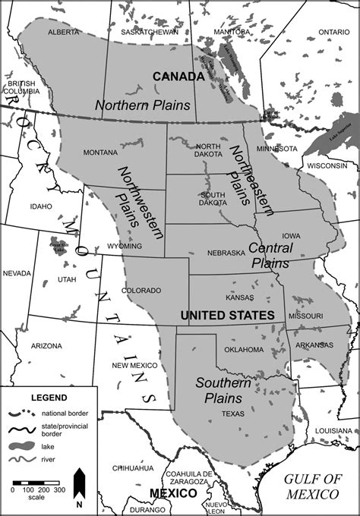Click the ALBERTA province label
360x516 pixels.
coord(64,33)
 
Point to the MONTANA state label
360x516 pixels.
coord(100,152)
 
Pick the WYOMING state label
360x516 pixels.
coord(125,246)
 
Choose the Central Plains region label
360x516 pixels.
coord(270,256)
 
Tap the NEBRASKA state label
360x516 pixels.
coord(226,252)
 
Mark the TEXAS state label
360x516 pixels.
coord(232,414)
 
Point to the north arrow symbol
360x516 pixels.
coord(79,486)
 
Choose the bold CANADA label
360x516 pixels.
coord(178,77)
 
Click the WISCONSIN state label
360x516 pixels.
coord(327,165)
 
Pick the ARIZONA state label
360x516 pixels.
coord(46,345)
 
